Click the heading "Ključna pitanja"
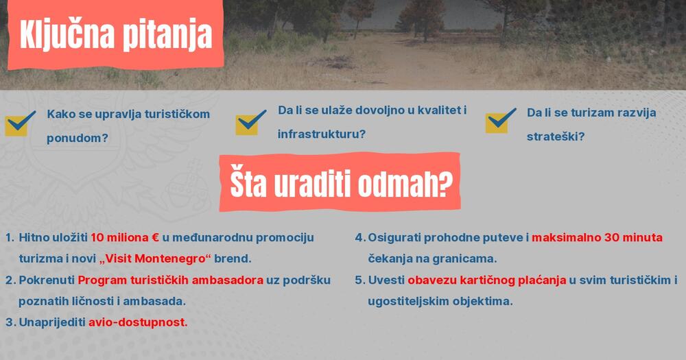[x=115, y=36]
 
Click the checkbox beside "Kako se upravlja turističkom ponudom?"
[x=20, y=123]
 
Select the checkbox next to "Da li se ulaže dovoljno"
[x=250, y=122]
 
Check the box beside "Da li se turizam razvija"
[x=501, y=121]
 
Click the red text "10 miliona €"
[x=125, y=238]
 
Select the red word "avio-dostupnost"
[x=138, y=322]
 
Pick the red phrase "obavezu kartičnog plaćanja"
[x=486, y=280]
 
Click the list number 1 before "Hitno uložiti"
[x=10, y=238]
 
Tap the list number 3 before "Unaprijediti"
[x=10, y=322]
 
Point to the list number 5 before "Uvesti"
[x=359, y=280]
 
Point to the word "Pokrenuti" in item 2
[x=47, y=280]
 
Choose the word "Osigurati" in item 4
[x=395, y=238]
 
